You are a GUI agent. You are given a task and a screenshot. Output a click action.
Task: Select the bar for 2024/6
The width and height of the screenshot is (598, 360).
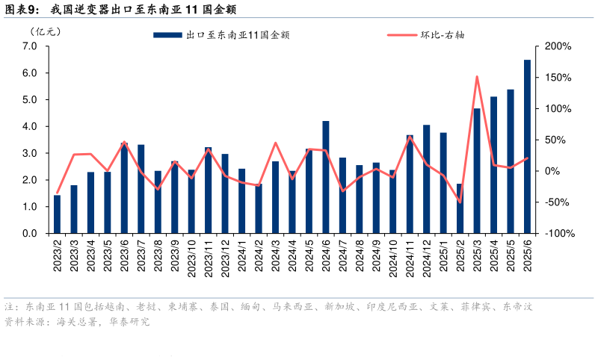[326, 177]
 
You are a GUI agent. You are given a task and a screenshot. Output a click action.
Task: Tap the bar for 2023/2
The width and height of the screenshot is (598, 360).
[57, 214]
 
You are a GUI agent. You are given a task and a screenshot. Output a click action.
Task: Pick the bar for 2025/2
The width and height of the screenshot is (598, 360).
[460, 208]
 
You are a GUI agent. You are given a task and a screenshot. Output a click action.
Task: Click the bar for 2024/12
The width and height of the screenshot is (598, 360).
[426, 179]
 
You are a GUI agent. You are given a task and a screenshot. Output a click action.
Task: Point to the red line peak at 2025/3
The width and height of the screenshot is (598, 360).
[477, 76]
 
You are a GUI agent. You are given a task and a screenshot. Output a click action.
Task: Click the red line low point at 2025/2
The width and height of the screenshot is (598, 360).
[460, 202]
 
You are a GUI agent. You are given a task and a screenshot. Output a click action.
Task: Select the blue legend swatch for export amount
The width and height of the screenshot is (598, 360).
[167, 34]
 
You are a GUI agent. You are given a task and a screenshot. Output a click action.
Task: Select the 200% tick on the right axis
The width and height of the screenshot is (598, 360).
[558, 46]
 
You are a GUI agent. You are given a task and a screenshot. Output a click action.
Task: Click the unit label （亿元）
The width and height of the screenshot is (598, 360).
[46, 31]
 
